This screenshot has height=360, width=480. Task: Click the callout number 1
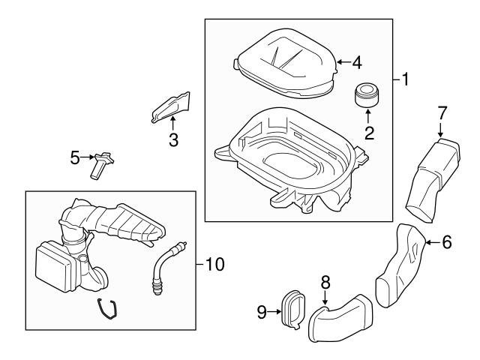pos(405,79)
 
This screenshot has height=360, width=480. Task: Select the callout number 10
pos(215,264)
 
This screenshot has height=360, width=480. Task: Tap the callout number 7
pos(442,112)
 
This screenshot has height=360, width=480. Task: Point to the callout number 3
pos(173,139)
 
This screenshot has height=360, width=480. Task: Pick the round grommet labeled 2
pos(367,94)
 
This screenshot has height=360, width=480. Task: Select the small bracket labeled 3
pos(172,107)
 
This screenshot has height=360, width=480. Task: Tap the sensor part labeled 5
pos(101,165)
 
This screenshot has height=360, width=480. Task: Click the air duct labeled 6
pos(400,265)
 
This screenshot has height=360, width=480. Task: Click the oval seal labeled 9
pos(293,310)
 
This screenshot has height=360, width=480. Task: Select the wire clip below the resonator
pos(107,309)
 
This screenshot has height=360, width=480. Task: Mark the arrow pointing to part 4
pos(343,62)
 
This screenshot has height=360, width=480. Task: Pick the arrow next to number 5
pos(88,157)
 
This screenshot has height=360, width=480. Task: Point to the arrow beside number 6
pos(433,242)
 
